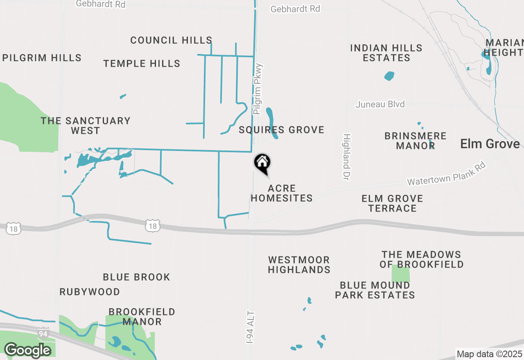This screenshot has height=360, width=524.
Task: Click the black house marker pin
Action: [262, 162]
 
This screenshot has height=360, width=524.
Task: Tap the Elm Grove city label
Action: [490, 144]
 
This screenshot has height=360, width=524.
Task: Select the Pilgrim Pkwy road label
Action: [257, 89]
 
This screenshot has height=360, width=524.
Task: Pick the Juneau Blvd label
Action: [380, 104]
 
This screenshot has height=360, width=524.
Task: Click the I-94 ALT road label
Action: [251, 327]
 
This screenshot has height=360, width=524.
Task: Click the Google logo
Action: [27, 351]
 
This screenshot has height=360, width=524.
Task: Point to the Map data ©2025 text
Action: [489, 354]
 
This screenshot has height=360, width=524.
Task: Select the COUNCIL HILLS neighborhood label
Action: [171, 40]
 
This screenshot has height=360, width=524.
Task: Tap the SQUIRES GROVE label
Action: [282, 130]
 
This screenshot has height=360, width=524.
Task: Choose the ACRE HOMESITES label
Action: [282, 193]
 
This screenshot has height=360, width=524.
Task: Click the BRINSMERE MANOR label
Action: [415, 141]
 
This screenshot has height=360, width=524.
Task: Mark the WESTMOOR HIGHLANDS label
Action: [299, 265]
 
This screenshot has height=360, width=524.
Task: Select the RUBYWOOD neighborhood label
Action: [90, 292]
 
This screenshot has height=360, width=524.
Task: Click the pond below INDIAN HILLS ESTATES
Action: [389, 76]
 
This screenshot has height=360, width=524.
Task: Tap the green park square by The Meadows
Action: [400, 274]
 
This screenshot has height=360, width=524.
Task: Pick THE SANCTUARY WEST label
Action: [85, 126]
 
